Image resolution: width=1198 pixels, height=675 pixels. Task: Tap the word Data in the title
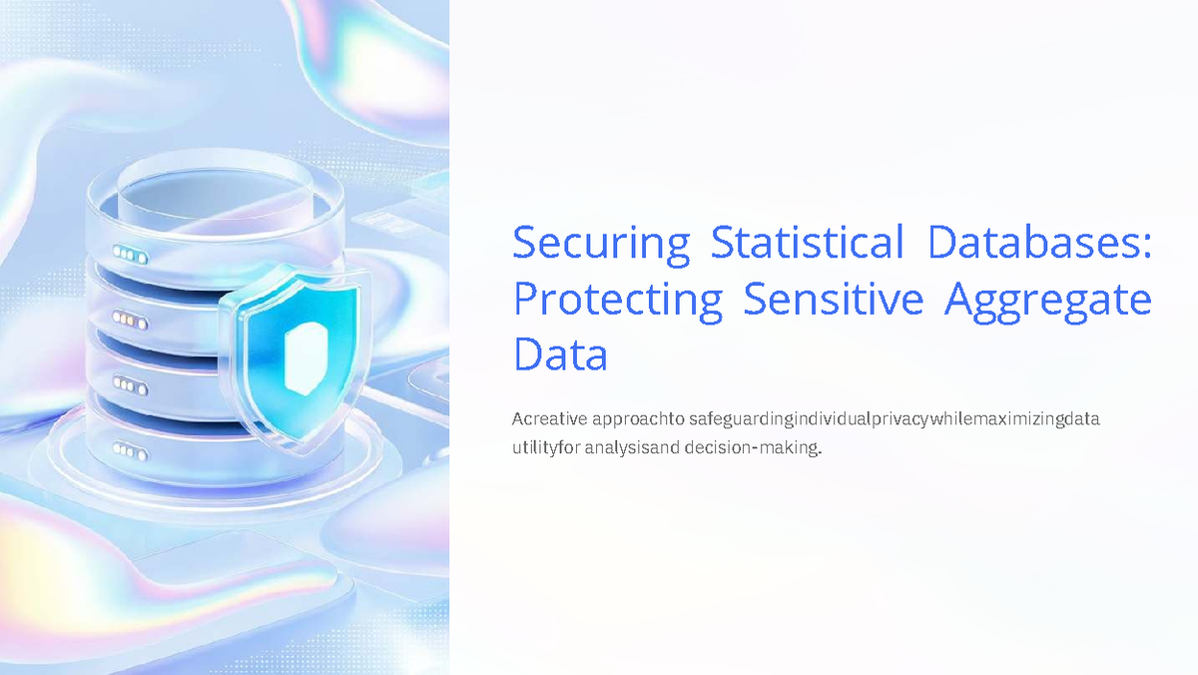click(560, 354)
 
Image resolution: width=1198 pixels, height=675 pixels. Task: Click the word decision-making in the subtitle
click(752, 448)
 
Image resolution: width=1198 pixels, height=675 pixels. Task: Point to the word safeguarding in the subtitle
click(737, 418)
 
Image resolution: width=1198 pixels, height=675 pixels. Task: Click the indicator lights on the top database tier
click(131, 256)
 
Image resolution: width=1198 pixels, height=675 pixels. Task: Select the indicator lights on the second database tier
click(130, 319)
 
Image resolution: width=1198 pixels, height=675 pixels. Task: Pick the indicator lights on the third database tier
click(130, 382)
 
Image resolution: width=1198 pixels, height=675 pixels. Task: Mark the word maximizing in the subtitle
click(1018, 418)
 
